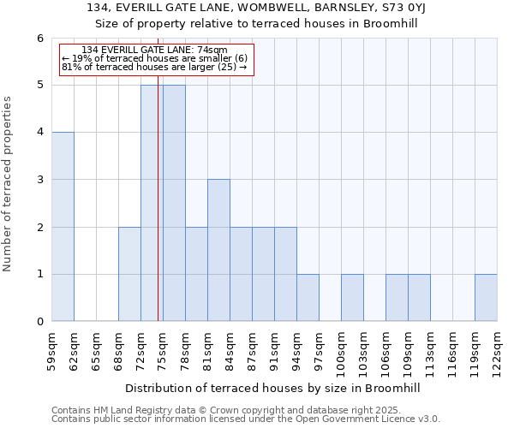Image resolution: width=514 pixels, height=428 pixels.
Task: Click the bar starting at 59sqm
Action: click(x=63, y=227)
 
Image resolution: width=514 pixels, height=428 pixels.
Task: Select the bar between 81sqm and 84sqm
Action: click(x=218, y=250)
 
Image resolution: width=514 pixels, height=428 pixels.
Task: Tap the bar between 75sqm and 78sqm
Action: click(x=174, y=203)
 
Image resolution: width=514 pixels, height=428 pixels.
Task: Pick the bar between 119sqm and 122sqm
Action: click(x=486, y=298)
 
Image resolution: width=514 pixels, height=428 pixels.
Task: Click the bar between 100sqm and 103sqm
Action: click(x=352, y=298)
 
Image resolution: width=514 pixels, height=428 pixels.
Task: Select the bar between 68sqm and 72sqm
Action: click(x=129, y=274)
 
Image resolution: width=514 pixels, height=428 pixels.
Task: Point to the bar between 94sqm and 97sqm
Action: click(x=308, y=298)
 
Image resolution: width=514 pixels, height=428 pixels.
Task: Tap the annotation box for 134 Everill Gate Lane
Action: click(x=157, y=59)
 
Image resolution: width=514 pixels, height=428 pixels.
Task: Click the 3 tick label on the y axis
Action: click(x=39, y=180)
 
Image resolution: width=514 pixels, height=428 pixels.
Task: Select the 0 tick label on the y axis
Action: click(x=39, y=322)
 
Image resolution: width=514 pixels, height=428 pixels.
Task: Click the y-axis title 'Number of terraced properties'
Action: click(x=9, y=183)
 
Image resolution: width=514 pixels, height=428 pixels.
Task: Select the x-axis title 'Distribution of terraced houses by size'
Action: click(x=274, y=388)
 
